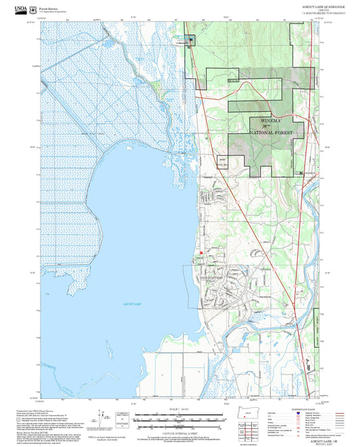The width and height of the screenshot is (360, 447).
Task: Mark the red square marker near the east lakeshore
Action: (201, 253)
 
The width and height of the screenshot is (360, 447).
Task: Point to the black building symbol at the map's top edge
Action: (190, 38)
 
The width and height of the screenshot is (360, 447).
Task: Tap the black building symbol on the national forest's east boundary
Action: (301, 174)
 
